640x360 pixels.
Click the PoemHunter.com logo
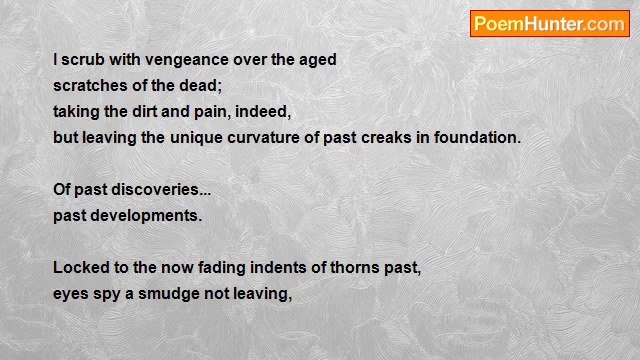(549, 24)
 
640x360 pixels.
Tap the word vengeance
(187, 60)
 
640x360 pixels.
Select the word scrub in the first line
(82, 60)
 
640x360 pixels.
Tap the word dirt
(144, 112)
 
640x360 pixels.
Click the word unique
(196, 139)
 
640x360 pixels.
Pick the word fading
(222, 269)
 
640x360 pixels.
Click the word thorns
(355, 268)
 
